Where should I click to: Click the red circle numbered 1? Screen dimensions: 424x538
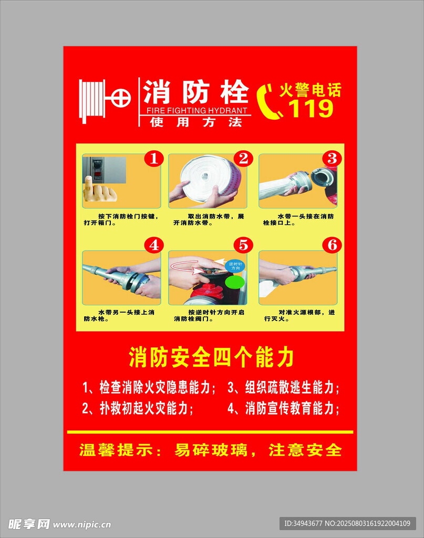click(154, 159)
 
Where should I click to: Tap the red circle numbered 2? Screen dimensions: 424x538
click(243, 159)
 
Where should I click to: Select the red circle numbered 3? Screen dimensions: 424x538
click(332, 159)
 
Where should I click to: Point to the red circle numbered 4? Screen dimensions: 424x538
click(154, 245)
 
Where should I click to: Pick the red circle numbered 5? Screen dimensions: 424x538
click(243, 245)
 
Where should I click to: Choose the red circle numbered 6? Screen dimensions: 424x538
click(332, 245)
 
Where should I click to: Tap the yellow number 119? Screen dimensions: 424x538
click(311, 108)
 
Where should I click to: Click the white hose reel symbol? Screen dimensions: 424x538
click(105, 100)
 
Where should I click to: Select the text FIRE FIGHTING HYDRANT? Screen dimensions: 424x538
click(197, 110)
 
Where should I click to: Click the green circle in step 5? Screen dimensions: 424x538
click(235, 282)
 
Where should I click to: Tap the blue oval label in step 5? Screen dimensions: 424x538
click(235, 266)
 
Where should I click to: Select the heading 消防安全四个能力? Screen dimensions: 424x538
click(211, 357)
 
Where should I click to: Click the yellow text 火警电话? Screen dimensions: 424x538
click(310, 90)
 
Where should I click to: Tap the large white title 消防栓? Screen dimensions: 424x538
click(196, 91)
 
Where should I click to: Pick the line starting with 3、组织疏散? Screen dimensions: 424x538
click(283, 387)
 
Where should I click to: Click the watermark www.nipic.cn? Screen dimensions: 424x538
click(82, 525)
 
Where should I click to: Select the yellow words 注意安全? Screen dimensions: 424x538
click(305, 450)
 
